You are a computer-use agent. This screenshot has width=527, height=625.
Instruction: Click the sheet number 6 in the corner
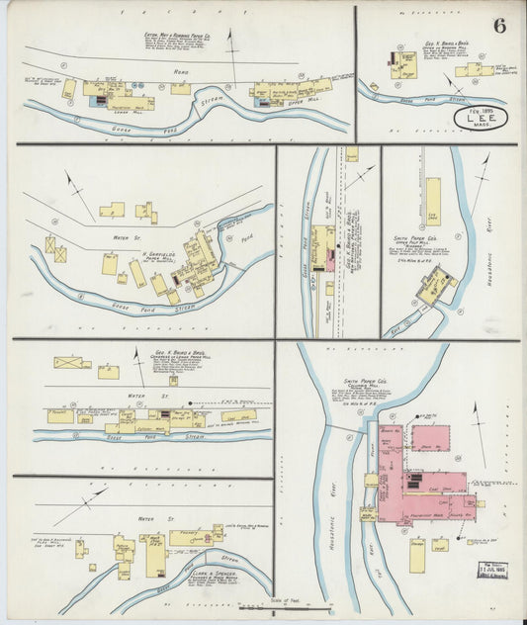500,25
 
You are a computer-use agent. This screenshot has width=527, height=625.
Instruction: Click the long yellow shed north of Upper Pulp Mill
432,200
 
